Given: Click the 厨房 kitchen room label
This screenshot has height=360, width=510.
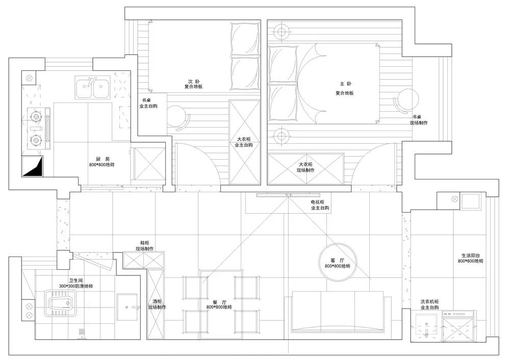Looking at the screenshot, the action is coord(103,159).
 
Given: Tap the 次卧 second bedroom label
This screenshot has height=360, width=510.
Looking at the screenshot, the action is coord(194,81).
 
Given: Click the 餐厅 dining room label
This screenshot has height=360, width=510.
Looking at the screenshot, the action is coord(219,302).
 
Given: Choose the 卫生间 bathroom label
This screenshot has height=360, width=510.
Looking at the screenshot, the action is coord(76,280).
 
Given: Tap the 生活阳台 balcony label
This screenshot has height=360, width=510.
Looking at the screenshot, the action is coord(470,255).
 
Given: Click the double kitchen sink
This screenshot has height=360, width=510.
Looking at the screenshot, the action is coord(93,87).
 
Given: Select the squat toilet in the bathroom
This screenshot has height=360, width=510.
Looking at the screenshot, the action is coord(60,303).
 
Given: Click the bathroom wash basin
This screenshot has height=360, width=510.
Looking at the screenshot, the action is coord(127,307).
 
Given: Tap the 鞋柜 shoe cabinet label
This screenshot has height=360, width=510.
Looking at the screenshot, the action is coord(145,243).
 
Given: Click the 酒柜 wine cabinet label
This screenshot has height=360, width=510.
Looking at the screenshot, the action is coord(157,302).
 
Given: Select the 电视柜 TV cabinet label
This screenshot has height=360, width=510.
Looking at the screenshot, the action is coord(317,202).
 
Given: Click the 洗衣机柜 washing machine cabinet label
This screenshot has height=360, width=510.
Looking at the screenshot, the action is coord(429,302).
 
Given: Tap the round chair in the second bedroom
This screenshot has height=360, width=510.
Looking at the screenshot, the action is coord(177,116).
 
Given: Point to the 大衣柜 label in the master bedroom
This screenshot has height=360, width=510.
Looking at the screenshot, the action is coord(305,165).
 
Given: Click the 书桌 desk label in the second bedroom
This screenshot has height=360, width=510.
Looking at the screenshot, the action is coord(146,100).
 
